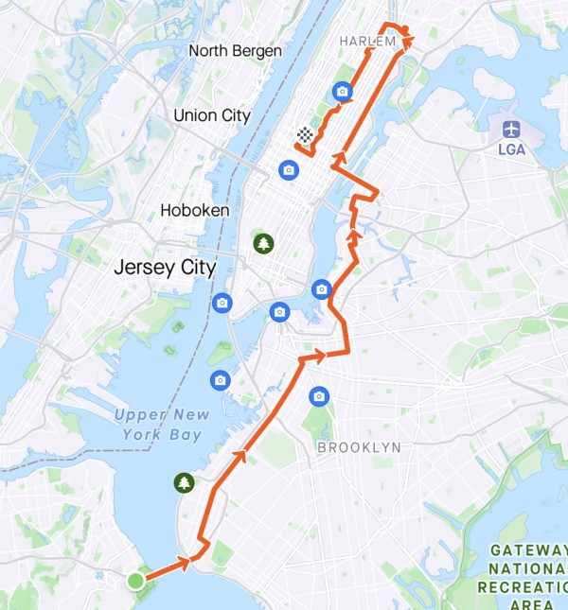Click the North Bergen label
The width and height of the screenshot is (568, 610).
[236, 51]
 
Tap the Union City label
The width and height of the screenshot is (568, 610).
[212, 115]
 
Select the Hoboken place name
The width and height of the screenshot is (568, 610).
[195, 210]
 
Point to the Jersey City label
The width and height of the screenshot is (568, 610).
[165, 268]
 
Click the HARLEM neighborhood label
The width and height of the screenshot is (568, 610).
[365, 42]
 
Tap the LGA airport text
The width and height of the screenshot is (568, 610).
[511, 148]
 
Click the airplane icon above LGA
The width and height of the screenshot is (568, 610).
[511, 129]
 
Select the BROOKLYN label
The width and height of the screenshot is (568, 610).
[359, 446]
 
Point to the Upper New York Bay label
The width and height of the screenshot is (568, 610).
[160, 425]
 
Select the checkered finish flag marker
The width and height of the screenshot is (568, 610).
[304, 135]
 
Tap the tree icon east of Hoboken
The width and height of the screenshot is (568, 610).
[262, 244]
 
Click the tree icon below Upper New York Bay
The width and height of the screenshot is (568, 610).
[183, 483]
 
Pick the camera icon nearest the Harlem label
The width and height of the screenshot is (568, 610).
[342, 92]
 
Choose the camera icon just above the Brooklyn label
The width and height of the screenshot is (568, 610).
[319, 395]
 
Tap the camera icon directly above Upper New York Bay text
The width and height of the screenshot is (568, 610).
[221, 380]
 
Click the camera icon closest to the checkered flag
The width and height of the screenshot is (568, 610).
[289, 170]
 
